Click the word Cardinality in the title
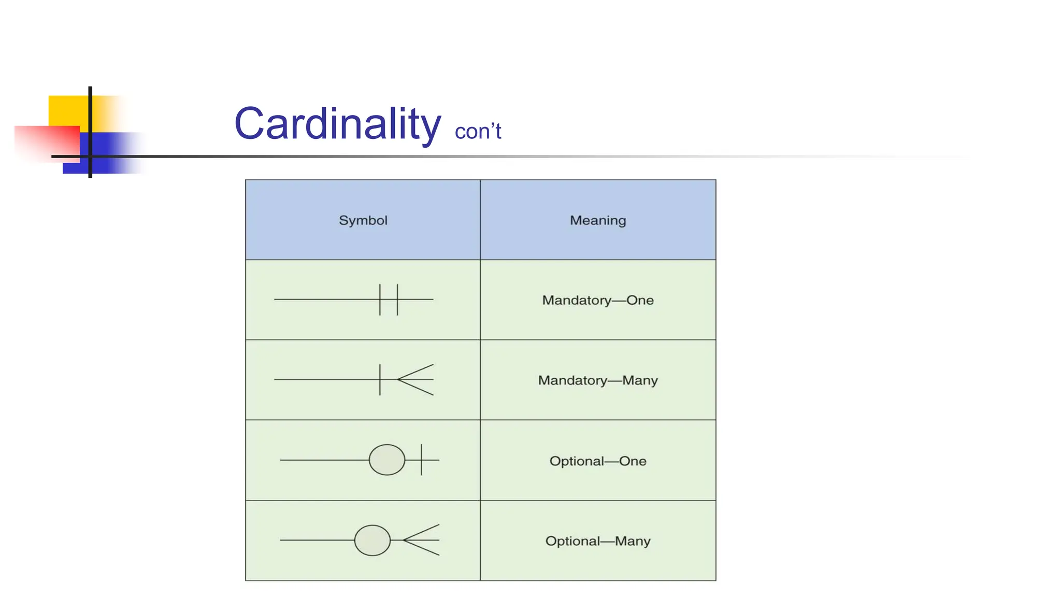point(337,124)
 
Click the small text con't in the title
point(478,131)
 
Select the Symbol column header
point(363,220)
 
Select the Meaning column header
point(598,220)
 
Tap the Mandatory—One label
point(598,300)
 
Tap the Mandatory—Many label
point(598,380)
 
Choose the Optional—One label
point(598,461)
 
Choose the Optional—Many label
point(598,541)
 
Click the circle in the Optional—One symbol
point(387,460)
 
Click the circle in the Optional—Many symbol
point(372,540)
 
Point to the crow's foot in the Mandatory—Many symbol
point(417,380)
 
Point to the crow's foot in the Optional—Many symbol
point(423,540)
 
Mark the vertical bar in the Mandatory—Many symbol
point(380,380)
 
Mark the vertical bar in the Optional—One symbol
point(422,460)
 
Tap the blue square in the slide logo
point(104,155)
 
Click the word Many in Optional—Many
point(633,541)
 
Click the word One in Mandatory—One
point(640,300)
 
